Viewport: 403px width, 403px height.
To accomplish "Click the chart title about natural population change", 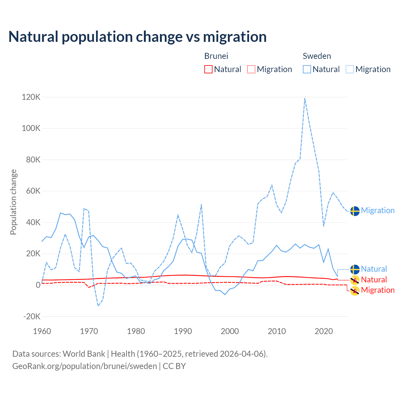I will [x=138, y=37].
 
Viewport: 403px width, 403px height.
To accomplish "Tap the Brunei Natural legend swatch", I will [x=208, y=69].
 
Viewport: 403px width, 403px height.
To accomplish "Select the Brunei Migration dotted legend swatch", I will [x=251, y=69].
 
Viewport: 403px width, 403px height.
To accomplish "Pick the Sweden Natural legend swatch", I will [x=307, y=69].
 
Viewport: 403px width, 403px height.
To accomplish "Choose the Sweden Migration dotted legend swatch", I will [x=350, y=69].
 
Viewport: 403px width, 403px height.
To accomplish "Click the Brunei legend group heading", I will [x=216, y=56].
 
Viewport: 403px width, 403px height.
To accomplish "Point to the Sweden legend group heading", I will [x=317, y=56].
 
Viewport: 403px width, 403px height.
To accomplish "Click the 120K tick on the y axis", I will [x=31, y=97].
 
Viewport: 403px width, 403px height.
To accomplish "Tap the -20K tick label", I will [x=32, y=316].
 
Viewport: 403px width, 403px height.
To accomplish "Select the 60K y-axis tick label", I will [x=31, y=191].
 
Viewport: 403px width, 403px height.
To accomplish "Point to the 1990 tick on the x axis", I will [x=183, y=331].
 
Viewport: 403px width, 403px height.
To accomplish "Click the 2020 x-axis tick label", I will [x=324, y=331].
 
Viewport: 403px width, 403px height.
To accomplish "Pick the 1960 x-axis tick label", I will [x=42, y=331].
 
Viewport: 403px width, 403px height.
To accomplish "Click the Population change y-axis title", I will [x=13, y=202].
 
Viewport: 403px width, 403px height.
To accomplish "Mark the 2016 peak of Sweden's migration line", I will [x=305, y=98].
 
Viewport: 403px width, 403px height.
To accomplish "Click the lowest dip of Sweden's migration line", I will [x=98, y=305].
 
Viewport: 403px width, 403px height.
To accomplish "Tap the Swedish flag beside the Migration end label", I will [x=355, y=211].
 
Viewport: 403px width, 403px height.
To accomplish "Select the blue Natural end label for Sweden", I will [x=374, y=269].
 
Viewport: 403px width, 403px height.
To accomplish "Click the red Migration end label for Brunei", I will [x=377, y=290].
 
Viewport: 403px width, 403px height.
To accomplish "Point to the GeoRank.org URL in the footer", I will [x=84, y=366].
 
